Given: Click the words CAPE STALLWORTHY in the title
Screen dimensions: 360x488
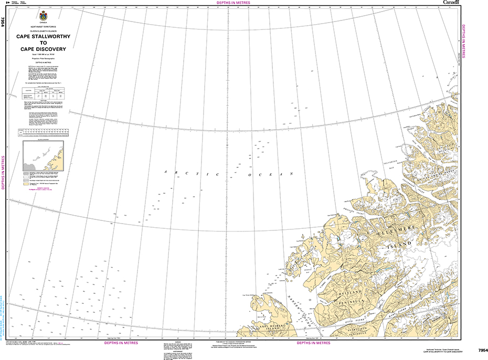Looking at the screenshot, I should (45, 37).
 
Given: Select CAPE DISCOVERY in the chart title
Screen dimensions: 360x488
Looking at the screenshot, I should (45, 50).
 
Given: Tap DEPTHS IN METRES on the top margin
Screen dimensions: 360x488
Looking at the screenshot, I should (233, 3).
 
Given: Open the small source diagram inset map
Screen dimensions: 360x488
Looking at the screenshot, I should (43, 155).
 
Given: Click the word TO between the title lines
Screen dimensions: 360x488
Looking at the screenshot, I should (45, 44).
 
